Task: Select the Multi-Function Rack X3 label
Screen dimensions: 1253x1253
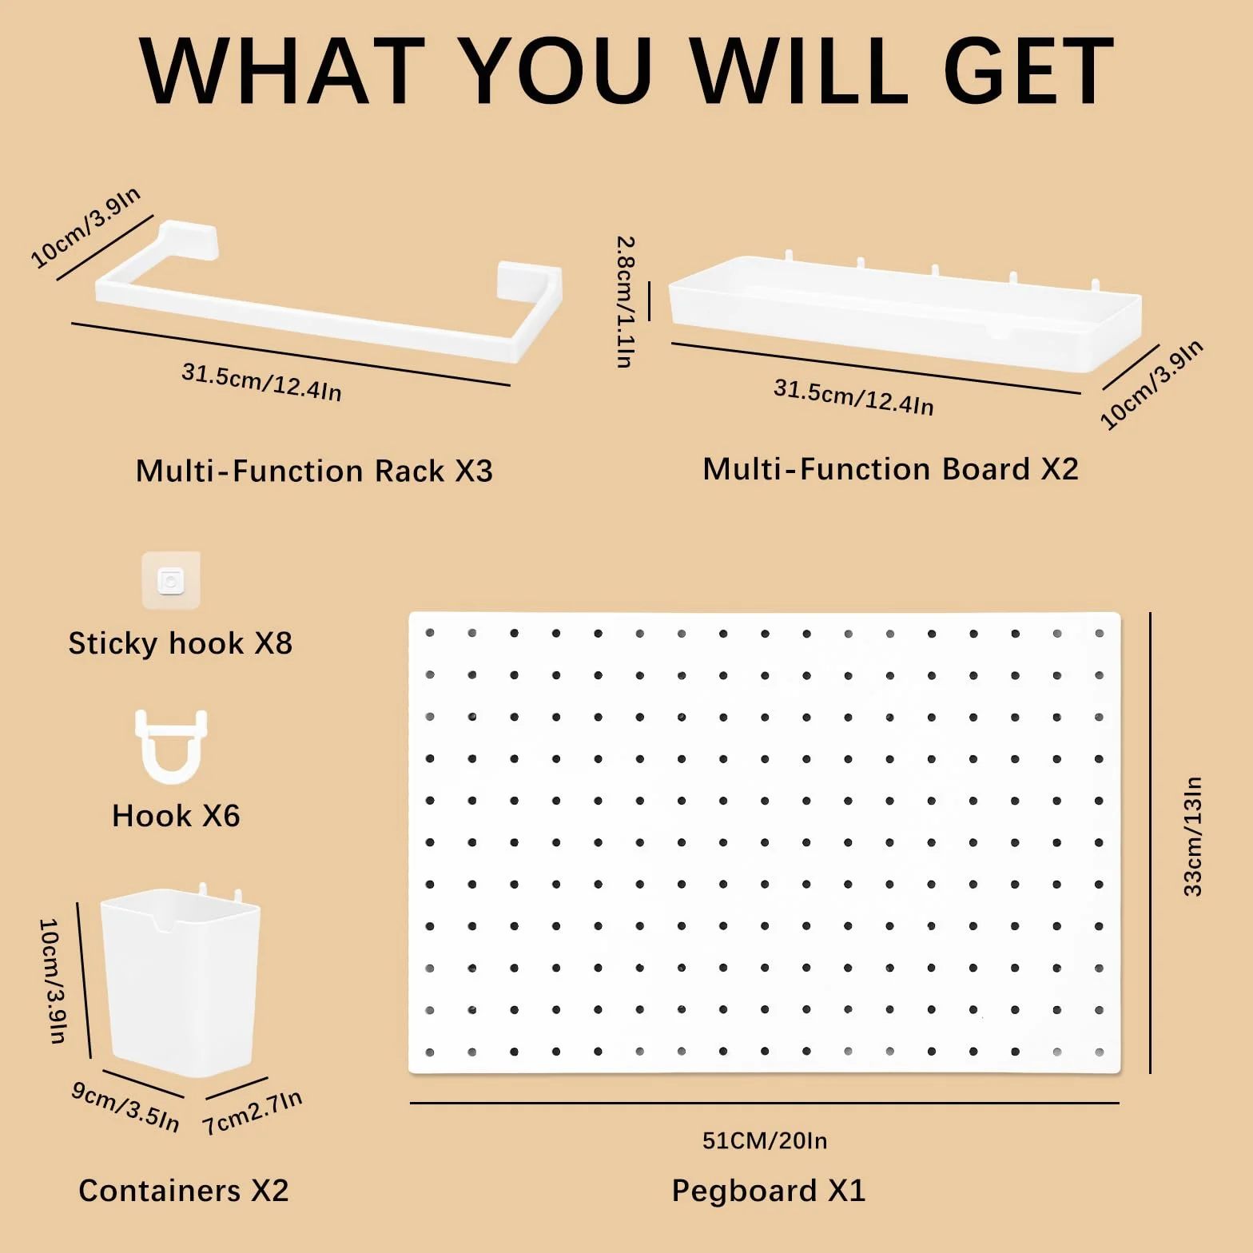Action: pyautogui.click(x=314, y=471)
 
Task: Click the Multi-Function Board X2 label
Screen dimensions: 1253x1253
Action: pyautogui.click(x=890, y=469)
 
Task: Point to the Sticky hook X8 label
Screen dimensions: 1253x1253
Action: pyautogui.click(x=181, y=643)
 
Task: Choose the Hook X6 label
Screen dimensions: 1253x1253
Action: pyautogui.click(x=176, y=816)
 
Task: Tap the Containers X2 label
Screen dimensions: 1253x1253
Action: pyautogui.click(x=183, y=1191)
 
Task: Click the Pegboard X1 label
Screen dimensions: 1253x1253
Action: pyautogui.click(x=768, y=1191)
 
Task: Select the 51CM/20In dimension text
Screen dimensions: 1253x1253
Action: pyautogui.click(x=765, y=1140)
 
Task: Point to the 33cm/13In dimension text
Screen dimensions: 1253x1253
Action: pyautogui.click(x=1192, y=836)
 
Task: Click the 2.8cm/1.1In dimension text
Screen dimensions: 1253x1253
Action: pyautogui.click(x=626, y=301)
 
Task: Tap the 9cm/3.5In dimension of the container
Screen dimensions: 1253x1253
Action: pyautogui.click(x=125, y=1107)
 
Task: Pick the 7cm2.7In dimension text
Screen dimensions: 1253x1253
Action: pyautogui.click(x=253, y=1112)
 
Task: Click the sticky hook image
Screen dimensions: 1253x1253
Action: pyautogui.click(x=171, y=580)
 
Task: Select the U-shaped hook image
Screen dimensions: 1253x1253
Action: pyautogui.click(x=171, y=746)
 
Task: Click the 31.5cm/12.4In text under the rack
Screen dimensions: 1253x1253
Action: pyautogui.click(x=262, y=382)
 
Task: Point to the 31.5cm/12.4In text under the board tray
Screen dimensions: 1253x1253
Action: pyautogui.click(x=853, y=397)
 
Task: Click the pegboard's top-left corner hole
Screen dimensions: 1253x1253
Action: pyautogui.click(x=430, y=633)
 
